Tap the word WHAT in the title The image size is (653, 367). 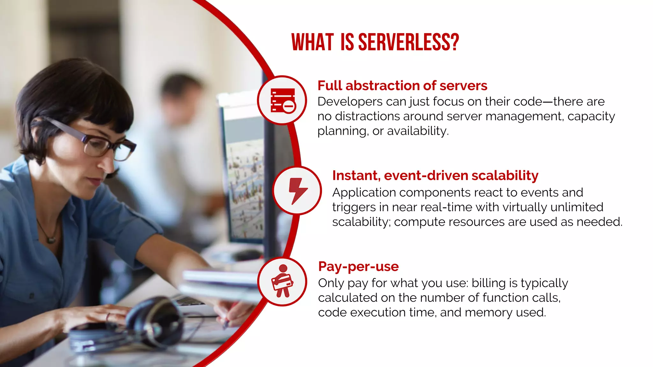(x=312, y=42)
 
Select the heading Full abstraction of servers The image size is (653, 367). (x=402, y=86)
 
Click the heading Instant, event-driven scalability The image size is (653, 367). (x=435, y=176)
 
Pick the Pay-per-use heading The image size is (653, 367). (x=358, y=266)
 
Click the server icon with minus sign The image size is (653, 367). (x=282, y=100)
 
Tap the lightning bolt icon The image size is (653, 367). (x=297, y=191)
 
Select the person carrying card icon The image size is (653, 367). (x=282, y=282)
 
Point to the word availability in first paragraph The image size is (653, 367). (x=417, y=131)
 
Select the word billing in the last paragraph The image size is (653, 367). (x=488, y=283)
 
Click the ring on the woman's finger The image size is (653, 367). (x=108, y=316)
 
